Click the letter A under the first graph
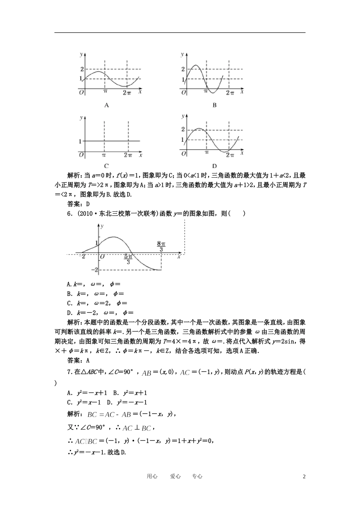(x=106, y=105)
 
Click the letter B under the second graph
(x=214, y=105)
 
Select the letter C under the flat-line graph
(x=106, y=166)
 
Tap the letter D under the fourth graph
(x=214, y=166)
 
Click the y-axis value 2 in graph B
(x=183, y=69)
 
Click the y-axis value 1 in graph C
(x=80, y=141)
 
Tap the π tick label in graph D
(x=207, y=153)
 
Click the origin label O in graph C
(x=81, y=155)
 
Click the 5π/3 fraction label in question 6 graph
(x=128, y=259)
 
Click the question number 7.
(x=69, y=372)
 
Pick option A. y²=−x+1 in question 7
(x=88, y=393)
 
